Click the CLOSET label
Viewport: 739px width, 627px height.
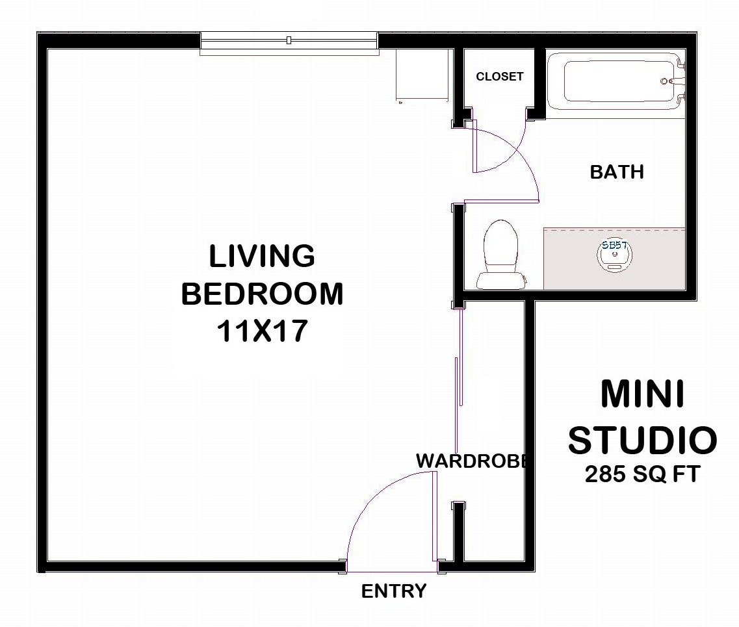(x=499, y=77)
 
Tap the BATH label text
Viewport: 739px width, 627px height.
(x=617, y=172)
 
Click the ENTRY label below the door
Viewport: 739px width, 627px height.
(x=394, y=591)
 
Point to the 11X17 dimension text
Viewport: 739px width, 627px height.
(x=262, y=332)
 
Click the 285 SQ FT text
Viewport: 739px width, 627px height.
(x=642, y=474)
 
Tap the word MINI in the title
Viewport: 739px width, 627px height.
(x=642, y=394)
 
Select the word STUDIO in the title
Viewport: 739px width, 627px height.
(x=642, y=440)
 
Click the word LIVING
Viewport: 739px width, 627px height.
(x=262, y=256)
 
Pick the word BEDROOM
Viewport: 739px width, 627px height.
(x=262, y=294)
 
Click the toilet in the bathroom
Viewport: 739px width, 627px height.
(x=501, y=255)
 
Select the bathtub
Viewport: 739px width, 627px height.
(x=614, y=82)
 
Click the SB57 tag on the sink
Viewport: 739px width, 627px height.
(x=614, y=245)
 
